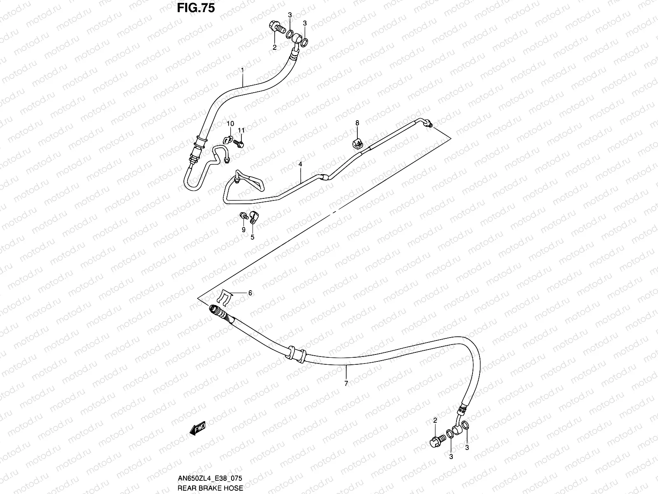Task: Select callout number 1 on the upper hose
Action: [243, 70]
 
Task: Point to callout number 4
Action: [301, 164]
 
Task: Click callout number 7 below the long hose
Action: [346, 383]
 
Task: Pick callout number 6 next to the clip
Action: [250, 293]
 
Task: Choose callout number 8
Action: [357, 123]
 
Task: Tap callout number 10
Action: [230, 123]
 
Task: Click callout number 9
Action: [243, 229]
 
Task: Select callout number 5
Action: [253, 237]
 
